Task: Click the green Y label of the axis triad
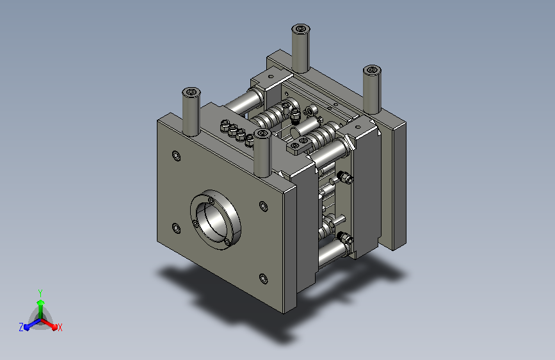coord(40,293)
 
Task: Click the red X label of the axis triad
coord(60,327)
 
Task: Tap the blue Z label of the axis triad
coord(21,327)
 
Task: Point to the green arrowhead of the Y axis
coord(41,302)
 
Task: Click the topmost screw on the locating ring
coord(211,201)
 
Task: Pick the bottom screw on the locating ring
coord(227,242)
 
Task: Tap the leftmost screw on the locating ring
coord(195,224)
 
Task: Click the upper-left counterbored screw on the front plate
coord(176,156)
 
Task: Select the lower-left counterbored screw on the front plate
coord(176,228)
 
